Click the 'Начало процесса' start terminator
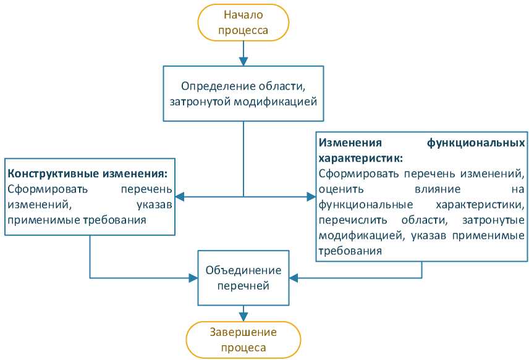point(243,23)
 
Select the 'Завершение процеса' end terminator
point(243,340)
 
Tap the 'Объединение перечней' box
point(243,278)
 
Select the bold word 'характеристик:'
point(361,158)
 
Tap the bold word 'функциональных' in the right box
point(476,143)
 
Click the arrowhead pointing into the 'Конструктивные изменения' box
point(180,196)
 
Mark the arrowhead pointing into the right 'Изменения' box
point(311,196)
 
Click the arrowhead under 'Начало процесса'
point(243,61)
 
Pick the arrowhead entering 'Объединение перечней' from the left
point(193,278)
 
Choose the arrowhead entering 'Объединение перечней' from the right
point(294,278)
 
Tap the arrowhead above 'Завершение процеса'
point(243,317)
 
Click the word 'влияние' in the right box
point(438,189)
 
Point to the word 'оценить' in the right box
point(341,189)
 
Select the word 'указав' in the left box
point(154,205)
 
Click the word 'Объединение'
point(243,270)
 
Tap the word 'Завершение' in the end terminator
point(243,332)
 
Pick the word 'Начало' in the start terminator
point(243,15)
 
